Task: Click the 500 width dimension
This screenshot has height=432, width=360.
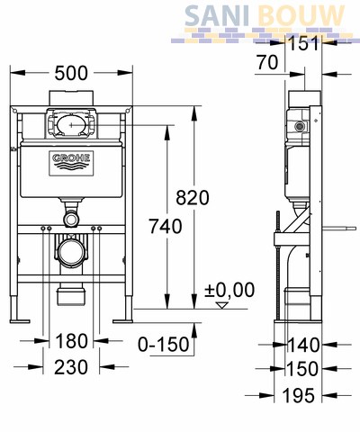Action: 71,73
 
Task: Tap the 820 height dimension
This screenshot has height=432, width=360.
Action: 193,198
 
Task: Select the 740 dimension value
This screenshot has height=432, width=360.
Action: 166,226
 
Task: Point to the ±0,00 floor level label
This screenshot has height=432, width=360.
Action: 229,290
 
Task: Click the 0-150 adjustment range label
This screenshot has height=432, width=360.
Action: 164,344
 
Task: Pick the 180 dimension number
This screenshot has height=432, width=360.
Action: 72,341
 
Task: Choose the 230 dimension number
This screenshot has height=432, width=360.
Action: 71,367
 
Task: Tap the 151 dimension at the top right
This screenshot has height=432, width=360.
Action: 303,44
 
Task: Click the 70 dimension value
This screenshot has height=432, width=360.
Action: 267,63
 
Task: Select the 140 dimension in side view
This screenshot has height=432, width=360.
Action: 303,345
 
